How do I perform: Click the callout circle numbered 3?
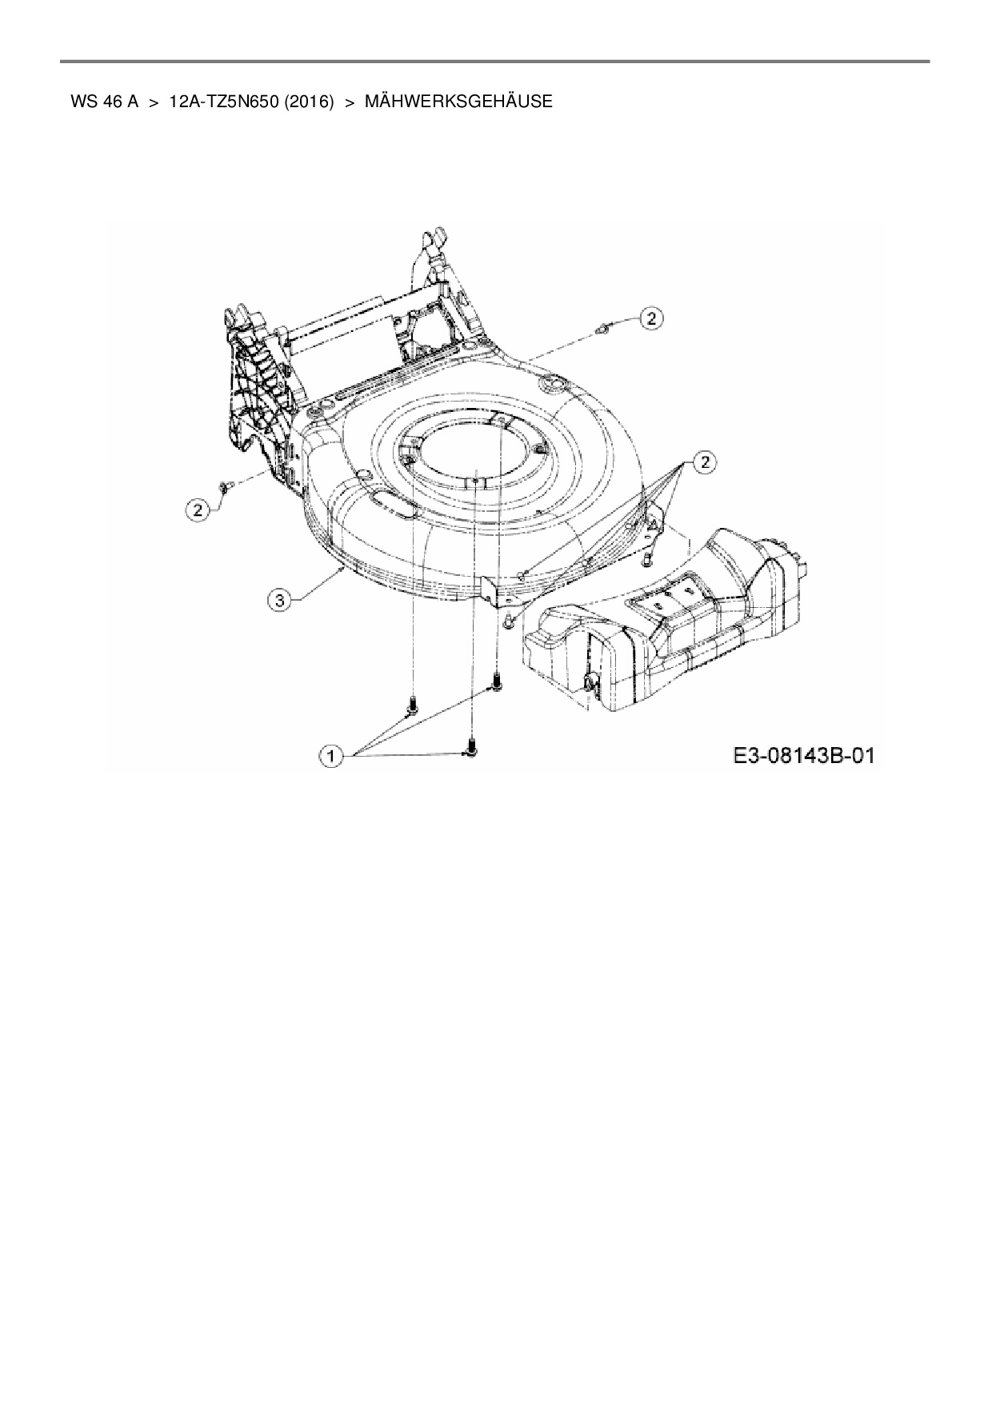pos(278,600)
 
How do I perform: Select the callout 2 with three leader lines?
pos(704,462)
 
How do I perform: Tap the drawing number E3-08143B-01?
pos(801,755)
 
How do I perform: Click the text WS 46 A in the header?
pos(104,102)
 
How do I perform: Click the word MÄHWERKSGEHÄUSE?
pos(458,102)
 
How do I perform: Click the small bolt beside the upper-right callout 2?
pos(606,326)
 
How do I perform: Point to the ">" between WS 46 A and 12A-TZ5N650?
pos(154,102)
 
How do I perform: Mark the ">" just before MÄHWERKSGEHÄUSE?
pos(349,102)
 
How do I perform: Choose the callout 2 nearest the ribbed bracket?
pos(198,508)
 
